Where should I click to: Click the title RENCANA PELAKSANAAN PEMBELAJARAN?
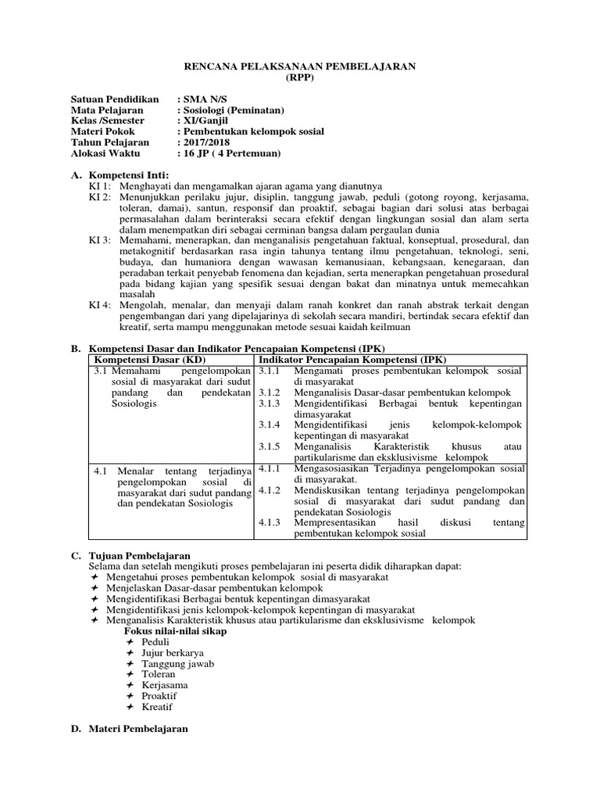point(299,68)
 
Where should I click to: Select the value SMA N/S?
point(202,101)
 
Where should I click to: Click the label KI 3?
point(99,240)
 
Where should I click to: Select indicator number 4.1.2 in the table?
point(269,490)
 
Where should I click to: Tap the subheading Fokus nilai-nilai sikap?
point(176,630)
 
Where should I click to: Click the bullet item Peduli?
point(155,641)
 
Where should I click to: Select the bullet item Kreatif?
point(157,707)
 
